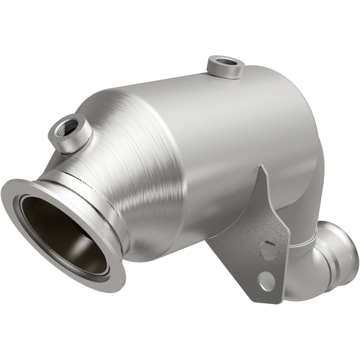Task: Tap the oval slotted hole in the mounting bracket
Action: click(x=269, y=250)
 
